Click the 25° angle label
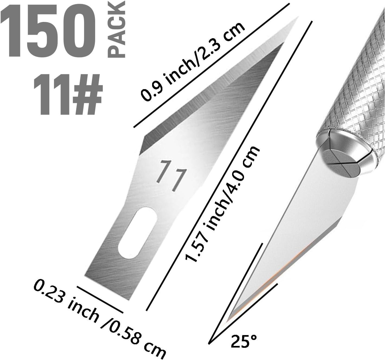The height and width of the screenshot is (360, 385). tap(243, 342)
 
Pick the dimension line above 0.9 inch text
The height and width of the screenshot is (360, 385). tap(211, 65)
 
